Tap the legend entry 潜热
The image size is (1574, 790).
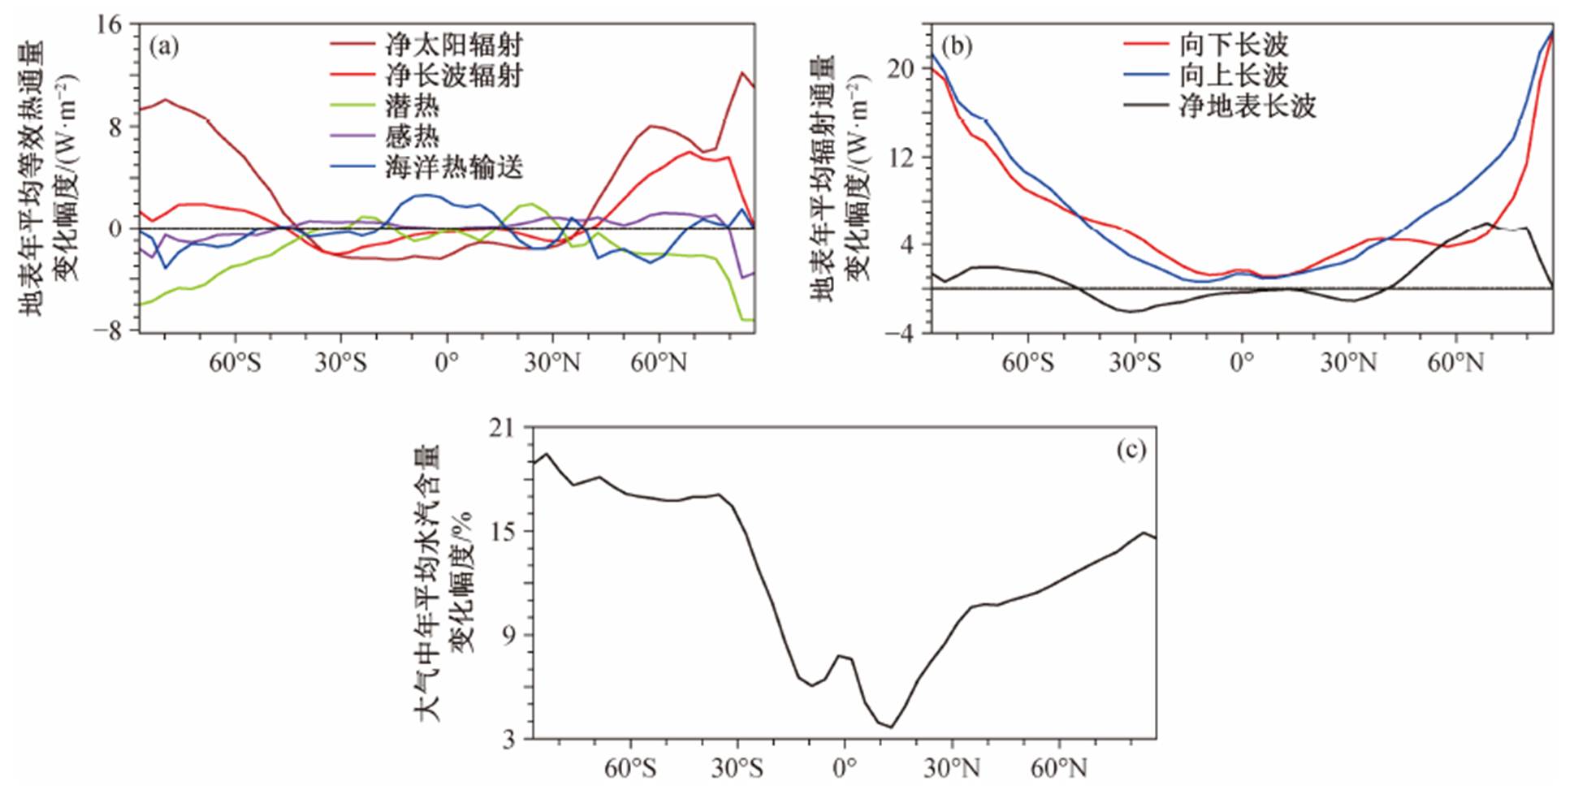[x=412, y=106]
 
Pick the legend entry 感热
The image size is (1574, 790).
[x=412, y=136]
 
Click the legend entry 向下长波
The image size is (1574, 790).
[x=1234, y=45]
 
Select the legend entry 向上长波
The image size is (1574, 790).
[x=1234, y=76]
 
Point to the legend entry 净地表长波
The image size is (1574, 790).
[x=1248, y=106]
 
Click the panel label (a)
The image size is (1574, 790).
[x=163, y=46]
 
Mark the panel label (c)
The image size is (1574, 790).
[x=1131, y=449]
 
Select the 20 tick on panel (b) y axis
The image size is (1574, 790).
[x=900, y=69]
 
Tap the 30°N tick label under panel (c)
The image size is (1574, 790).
[x=952, y=767]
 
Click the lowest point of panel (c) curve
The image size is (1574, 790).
[x=891, y=727]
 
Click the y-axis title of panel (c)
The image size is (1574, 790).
[x=443, y=583]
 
